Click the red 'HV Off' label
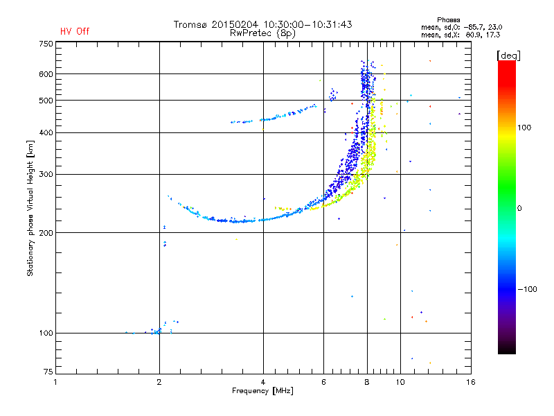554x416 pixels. point(75,31)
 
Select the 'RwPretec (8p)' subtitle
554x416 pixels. point(262,33)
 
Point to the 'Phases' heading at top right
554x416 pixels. point(448,20)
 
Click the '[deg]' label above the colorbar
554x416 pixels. point(508,55)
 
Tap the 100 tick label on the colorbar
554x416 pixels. point(524,128)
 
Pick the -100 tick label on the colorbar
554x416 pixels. point(528,289)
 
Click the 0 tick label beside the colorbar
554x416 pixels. point(519,209)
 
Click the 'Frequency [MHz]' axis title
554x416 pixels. point(262,391)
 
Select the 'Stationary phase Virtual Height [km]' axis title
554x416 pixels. point(30,208)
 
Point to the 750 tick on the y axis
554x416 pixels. point(46,44)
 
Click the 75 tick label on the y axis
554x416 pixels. point(48,372)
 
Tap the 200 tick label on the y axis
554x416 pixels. point(46,233)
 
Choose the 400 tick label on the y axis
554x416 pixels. point(46,132)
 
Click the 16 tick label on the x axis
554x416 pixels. point(471,382)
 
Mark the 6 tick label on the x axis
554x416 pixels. point(323,382)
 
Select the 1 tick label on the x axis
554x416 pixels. point(55,382)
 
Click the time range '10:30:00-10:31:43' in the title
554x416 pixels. point(307,24)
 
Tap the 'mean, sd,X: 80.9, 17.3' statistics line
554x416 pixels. point(461,35)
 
